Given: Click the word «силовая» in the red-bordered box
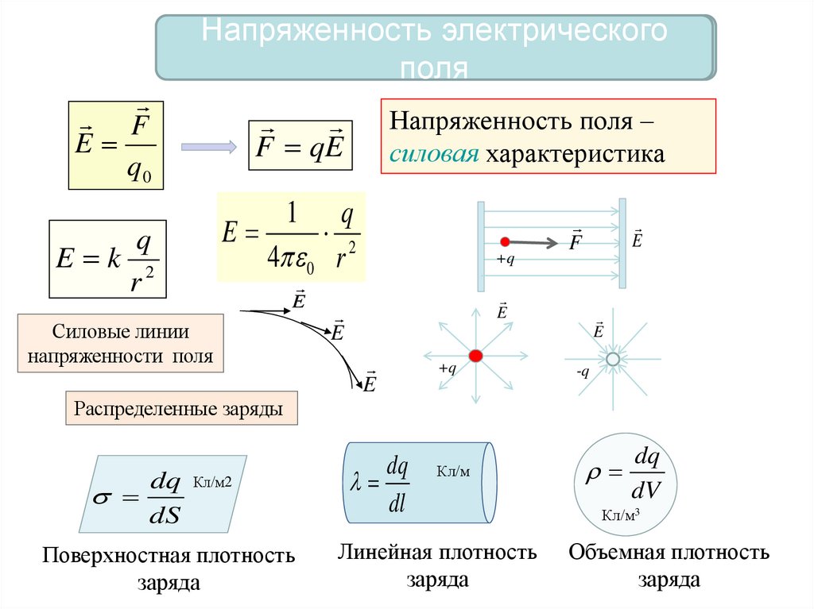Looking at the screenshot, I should (x=432, y=153).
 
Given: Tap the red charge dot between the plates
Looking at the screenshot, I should (x=504, y=241).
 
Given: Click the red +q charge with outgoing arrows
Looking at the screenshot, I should (x=475, y=356).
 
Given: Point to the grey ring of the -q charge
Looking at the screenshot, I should (x=612, y=360).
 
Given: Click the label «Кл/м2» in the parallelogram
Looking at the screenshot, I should (x=211, y=482).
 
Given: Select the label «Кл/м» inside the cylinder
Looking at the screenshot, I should (x=453, y=472).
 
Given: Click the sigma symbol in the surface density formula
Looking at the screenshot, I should (x=103, y=499).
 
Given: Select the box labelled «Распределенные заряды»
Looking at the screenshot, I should (x=179, y=410).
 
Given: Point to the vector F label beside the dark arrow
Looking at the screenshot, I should (x=576, y=240).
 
